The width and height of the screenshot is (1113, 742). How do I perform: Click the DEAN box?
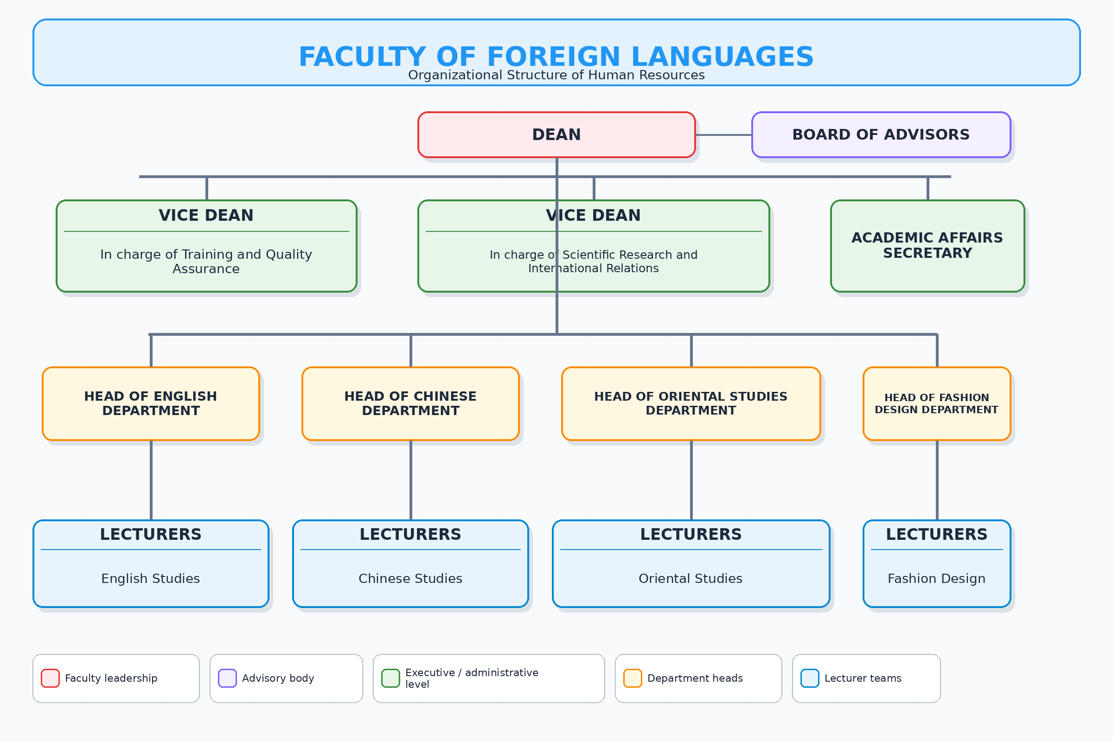click(556, 135)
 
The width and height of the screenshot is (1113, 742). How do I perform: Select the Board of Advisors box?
click(881, 135)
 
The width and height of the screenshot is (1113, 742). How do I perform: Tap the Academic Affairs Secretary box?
click(927, 246)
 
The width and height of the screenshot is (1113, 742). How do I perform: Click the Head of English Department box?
click(151, 403)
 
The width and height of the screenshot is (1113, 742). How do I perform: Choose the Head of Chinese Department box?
click(410, 403)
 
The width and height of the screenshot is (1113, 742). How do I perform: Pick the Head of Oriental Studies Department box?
click(691, 403)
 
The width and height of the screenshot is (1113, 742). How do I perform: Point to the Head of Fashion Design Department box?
click(936, 403)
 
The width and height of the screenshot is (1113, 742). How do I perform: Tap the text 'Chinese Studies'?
click(410, 578)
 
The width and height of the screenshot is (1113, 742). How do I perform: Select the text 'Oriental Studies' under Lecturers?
click(691, 578)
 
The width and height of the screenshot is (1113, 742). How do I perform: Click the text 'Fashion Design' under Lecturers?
click(936, 578)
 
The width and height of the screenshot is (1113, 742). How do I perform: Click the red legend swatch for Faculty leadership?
click(50, 678)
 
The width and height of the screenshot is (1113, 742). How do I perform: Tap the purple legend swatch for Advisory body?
click(227, 678)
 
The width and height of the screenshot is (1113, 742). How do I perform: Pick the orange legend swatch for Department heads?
click(633, 678)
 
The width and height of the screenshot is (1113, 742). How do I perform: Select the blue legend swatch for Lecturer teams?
click(810, 678)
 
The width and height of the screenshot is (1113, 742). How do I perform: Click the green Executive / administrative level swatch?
click(391, 678)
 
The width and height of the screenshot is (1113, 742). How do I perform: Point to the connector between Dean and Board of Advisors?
click(723, 135)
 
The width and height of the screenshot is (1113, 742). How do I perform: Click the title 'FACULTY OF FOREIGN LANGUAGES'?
click(556, 57)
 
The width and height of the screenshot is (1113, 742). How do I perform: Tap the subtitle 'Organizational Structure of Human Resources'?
click(556, 75)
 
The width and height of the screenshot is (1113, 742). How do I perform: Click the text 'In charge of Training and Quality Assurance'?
click(206, 261)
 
